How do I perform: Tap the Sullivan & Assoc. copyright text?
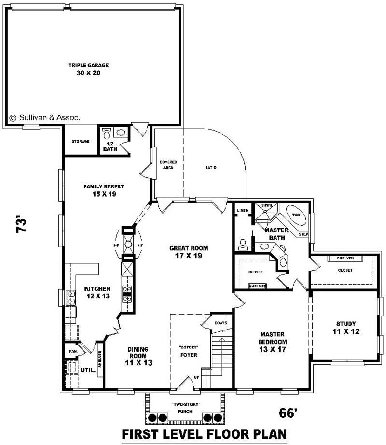pyautogui.click(x=45, y=117)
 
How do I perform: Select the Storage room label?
pyautogui.click(x=80, y=142)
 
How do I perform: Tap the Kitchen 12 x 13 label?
pyautogui.click(x=97, y=292)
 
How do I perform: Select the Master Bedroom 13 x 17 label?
pyautogui.click(x=273, y=342)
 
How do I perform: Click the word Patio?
pyautogui.click(x=210, y=168)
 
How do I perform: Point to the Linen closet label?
pyautogui.click(x=242, y=210)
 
